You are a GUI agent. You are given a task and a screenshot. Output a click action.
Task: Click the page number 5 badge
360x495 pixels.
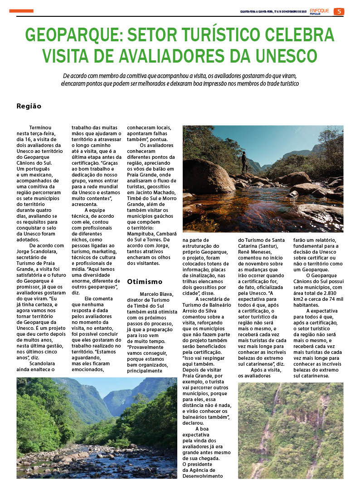[339, 11]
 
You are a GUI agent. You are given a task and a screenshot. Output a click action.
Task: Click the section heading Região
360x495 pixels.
[29, 106]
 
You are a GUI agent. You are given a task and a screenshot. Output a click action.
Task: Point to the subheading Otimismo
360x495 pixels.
[145, 281]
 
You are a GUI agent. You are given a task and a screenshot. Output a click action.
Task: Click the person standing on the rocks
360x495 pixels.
[244, 162]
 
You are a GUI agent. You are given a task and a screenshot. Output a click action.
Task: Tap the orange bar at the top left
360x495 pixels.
[21, 10]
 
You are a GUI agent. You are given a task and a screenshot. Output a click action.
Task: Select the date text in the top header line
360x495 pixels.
[273, 12]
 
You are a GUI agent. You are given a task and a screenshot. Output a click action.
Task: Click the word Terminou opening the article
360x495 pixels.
[40, 128]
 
